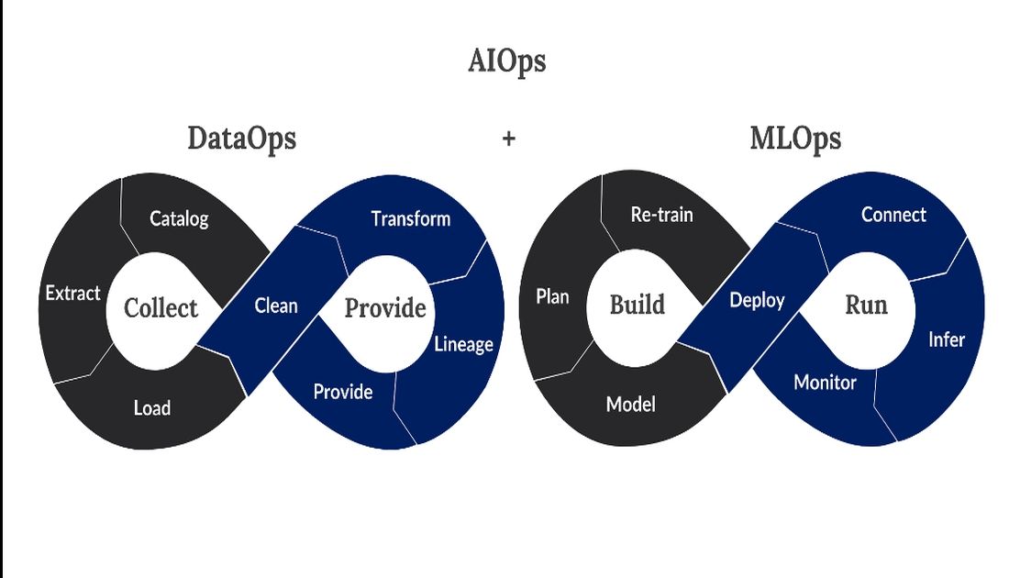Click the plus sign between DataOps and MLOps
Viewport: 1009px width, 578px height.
coord(509,139)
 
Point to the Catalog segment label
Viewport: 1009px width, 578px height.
coord(179,219)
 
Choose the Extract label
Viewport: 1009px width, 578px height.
coord(72,294)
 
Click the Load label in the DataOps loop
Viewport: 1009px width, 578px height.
coord(152,407)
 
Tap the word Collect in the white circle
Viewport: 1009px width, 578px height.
coord(161,308)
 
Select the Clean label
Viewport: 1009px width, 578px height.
coord(276,306)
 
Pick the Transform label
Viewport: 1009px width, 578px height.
coord(411,219)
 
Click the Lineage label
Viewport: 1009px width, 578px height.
coord(463,344)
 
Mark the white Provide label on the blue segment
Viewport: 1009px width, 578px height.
coord(343,392)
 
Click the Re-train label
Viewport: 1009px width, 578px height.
coord(661,215)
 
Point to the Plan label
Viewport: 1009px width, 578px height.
coord(553,296)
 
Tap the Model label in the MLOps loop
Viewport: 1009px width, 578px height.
coord(631,405)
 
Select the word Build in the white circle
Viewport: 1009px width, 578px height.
coord(638,305)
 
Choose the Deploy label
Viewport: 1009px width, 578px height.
coord(757,301)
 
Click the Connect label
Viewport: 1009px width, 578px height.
coord(893,215)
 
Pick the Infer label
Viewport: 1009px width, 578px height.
coord(947,339)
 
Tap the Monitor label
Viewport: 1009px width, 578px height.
coord(825,383)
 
